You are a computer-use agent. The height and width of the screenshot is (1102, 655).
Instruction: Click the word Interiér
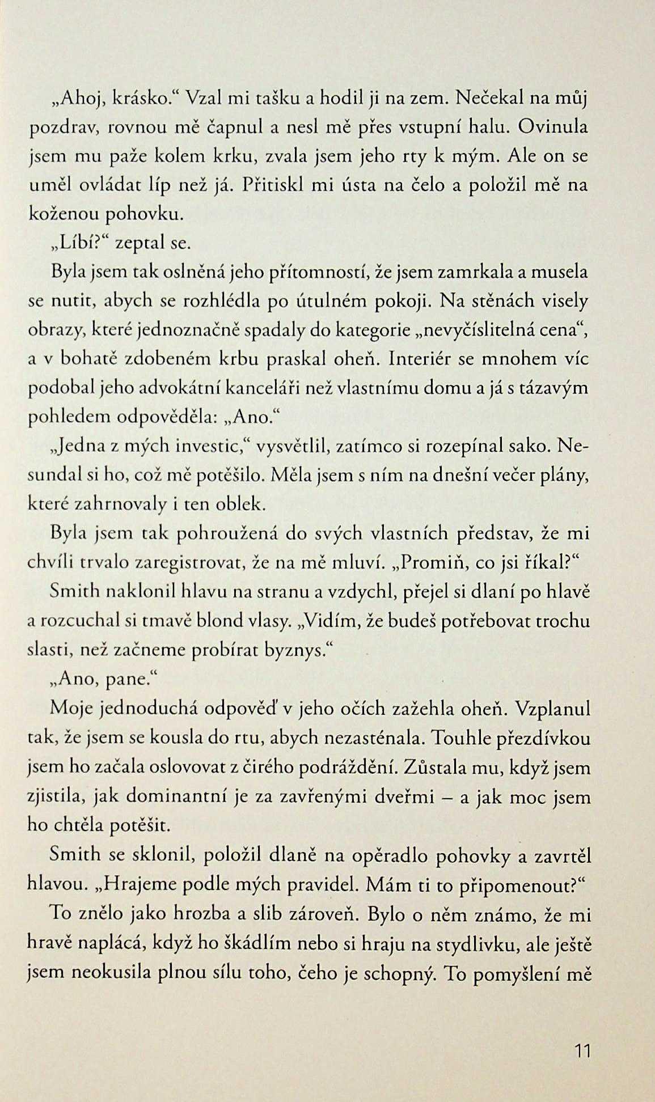[x=425, y=359]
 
